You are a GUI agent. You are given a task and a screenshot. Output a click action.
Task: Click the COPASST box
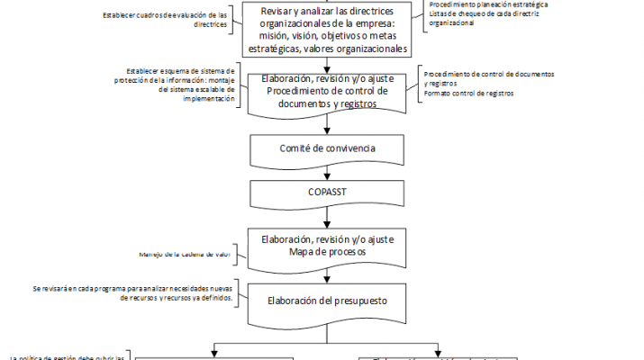[328, 193]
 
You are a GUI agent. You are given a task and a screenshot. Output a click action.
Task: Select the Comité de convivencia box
[328, 146]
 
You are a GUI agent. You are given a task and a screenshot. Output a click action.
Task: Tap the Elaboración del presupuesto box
[328, 301]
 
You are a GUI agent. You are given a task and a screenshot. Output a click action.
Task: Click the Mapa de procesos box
[328, 248]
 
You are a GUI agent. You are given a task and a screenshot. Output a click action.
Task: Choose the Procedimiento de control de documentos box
[328, 91]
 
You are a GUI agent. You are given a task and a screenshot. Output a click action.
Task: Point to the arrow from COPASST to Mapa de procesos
[328, 216]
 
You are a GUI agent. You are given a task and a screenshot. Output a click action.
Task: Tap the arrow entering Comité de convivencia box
[328, 124]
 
